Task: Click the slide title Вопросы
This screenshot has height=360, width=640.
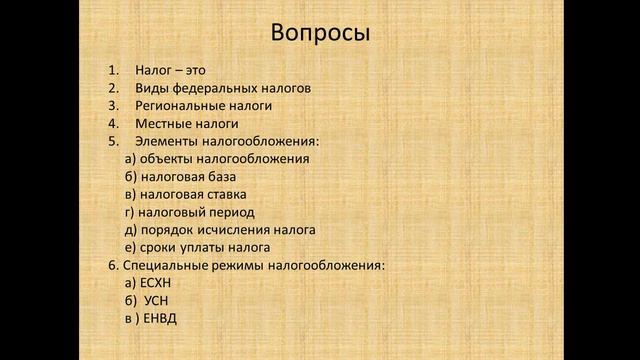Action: (320, 33)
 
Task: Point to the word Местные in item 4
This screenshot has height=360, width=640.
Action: (160, 123)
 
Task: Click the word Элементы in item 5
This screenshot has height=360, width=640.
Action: (162, 141)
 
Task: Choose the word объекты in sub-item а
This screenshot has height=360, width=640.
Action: (165, 158)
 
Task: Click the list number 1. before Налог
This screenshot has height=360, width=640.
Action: (113, 70)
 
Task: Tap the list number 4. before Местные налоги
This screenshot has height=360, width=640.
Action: (113, 123)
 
